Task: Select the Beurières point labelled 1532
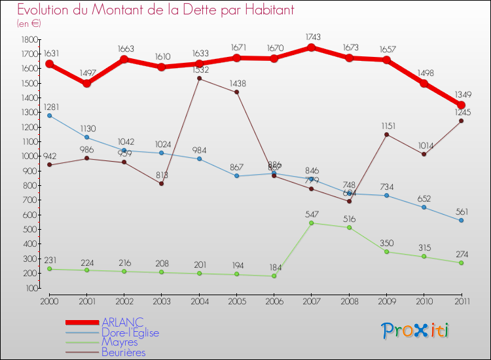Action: pos(199,79)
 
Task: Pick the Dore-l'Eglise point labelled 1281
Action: pos(49,115)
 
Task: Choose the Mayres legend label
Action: pos(119,342)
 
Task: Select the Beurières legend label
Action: pos(123,353)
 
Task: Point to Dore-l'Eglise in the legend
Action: pos(130,333)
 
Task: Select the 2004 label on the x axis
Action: pos(199,301)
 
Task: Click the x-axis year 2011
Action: pos(461,301)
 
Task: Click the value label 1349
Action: pos(461,94)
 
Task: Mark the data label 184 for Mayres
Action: pos(274,267)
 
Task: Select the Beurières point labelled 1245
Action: pos(461,120)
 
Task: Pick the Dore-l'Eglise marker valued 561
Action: pos(461,221)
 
